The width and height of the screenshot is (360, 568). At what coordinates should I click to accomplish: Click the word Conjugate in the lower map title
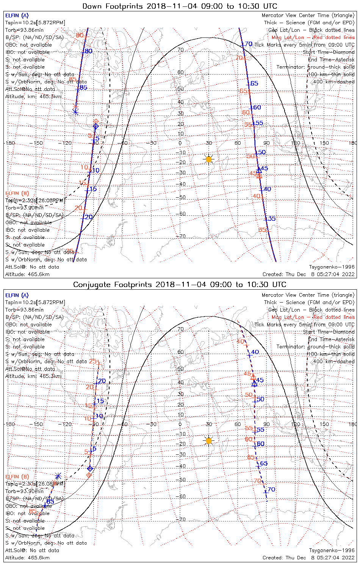coord(91,285)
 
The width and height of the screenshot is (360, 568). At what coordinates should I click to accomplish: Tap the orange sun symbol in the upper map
coord(208,159)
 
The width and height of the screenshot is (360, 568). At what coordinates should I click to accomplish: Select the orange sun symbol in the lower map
coord(208,440)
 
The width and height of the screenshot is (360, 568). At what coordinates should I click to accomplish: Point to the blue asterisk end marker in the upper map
coord(75,112)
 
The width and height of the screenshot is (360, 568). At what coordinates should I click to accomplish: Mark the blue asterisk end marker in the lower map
coord(58,476)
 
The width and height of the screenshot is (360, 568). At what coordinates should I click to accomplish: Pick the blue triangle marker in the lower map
coord(254,384)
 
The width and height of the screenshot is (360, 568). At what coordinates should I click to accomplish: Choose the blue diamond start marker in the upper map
coord(96,126)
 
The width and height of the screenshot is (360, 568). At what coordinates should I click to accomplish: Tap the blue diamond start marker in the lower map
coord(90,469)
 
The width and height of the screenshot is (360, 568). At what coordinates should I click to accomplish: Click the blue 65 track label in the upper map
coord(254,83)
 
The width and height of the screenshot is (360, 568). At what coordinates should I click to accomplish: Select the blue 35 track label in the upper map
coord(271,218)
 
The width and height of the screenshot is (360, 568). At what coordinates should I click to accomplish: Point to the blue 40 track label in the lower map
coord(255,352)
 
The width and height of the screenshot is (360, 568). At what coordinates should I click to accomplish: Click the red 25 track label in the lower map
coord(93,361)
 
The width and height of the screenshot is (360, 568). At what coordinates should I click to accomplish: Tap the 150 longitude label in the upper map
coord(324,143)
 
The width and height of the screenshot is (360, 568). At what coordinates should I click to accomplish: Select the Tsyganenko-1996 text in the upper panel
coord(332,267)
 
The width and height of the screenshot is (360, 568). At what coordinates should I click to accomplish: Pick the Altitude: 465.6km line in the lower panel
coord(28,558)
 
